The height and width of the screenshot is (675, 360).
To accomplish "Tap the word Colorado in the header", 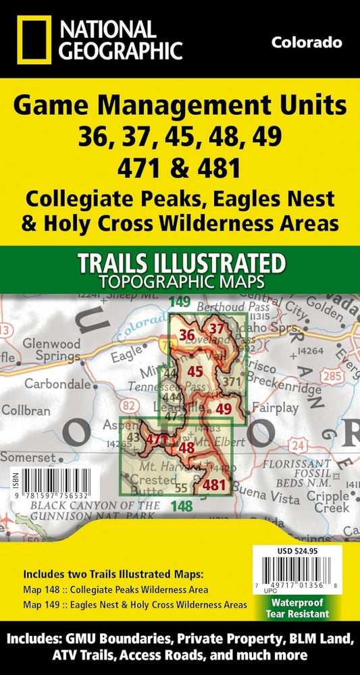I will [306, 43].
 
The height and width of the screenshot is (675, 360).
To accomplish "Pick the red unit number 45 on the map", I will [196, 371].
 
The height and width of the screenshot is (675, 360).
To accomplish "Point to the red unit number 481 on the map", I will [214, 485].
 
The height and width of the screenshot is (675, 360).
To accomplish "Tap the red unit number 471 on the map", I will [157, 439].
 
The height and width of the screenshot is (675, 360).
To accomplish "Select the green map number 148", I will [182, 505].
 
